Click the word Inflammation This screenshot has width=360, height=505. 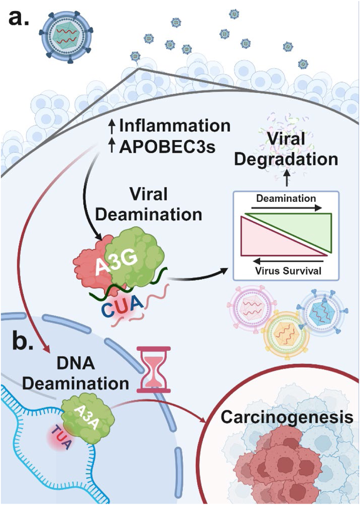[174, 126]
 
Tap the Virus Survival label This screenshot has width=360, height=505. [288, 271]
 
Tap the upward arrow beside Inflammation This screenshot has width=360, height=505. [112, 126]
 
